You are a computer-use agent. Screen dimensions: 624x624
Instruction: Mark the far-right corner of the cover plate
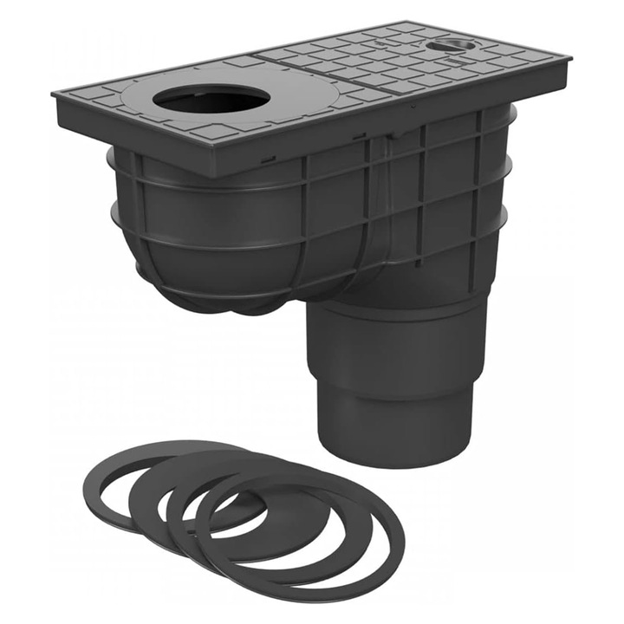pyautogui.click(x=570, y=62)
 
